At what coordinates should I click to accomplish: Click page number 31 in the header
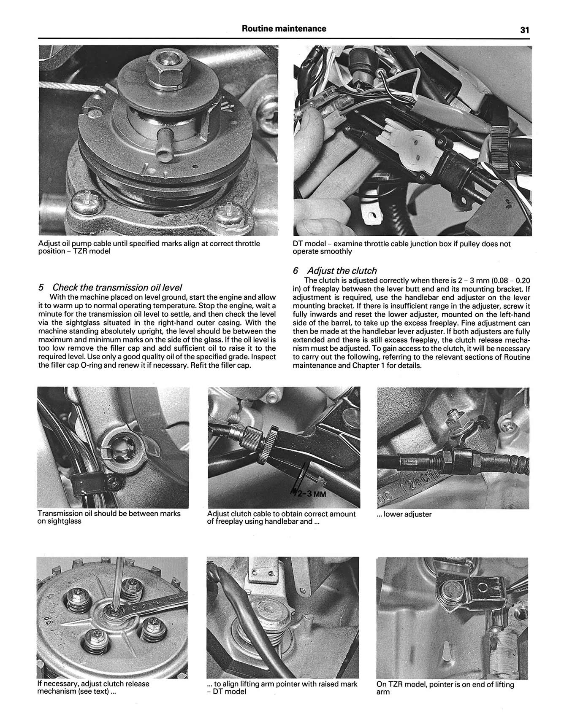click(525, 30)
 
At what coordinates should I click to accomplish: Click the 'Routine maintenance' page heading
click(284, 29)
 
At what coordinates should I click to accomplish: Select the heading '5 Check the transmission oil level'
click(110, 287)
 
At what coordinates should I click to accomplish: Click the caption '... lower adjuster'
click(404, 514)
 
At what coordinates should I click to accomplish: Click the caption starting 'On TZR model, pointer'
click(445, 688)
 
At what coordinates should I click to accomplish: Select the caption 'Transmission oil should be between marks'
click(109, 517)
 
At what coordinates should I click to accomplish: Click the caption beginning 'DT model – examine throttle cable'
click(401, 248)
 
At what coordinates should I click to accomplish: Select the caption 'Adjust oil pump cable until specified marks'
click(149, 248)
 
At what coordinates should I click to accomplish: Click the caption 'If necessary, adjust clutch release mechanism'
click(93, 687)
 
